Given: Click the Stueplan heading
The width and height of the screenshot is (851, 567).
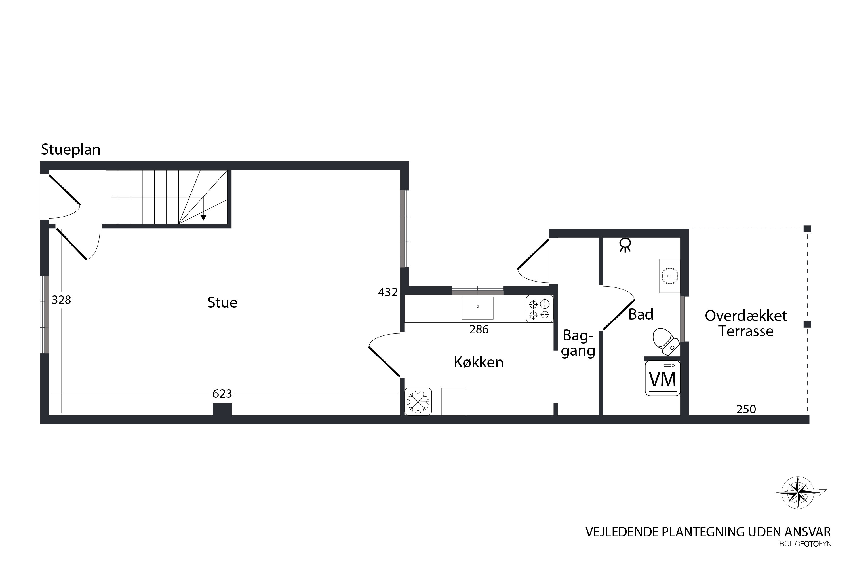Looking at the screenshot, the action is (x=71, y=150).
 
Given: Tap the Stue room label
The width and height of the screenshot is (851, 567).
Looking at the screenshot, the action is (x=222, y=302).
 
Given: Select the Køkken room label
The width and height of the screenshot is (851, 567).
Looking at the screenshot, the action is (x=479, y=362).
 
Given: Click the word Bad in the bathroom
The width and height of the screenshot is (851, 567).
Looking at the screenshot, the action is (x=641, y=314).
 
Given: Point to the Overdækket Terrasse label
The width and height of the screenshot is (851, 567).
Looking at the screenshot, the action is (x=746, y=323).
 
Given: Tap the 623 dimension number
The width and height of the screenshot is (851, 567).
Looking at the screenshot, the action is (x=222, y=394).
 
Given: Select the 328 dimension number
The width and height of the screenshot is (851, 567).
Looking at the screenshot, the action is (x=61, y=300).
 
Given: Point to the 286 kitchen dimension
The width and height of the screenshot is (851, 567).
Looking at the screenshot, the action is (x=479, y=329).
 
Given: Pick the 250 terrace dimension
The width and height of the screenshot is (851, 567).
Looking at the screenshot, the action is (x=746, y=409).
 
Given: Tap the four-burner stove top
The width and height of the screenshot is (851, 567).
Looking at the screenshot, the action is (x=540, y=309).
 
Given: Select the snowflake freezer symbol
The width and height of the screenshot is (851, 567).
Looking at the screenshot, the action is (x=418, y=401).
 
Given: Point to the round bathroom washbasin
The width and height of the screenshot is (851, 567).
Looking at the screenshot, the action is (x=670, y=276).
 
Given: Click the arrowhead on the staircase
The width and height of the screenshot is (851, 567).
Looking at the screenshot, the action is (x=203, y=218).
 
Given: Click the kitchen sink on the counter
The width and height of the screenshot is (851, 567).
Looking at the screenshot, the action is (x=478, y=308).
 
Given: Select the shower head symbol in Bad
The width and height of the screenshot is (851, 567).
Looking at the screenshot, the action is (x=625, y=245).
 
